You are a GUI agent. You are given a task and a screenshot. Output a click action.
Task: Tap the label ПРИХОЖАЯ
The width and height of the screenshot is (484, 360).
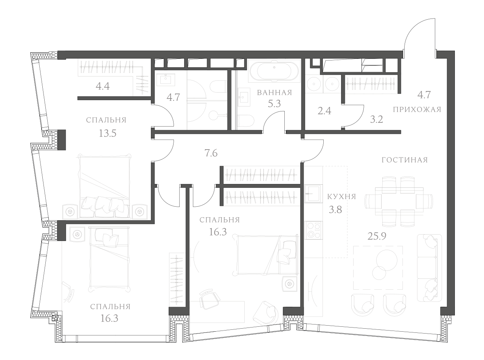417,110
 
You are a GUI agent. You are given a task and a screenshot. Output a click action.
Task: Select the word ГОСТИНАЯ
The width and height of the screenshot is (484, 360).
405,160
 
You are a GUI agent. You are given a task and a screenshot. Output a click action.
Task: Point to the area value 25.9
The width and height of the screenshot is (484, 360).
377,236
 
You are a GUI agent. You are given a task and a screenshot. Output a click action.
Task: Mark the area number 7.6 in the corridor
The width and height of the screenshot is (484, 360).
211,153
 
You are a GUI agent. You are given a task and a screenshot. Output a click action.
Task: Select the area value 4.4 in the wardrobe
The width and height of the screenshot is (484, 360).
102,86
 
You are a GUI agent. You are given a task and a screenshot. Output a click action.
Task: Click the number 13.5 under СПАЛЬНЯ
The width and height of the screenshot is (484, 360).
107,133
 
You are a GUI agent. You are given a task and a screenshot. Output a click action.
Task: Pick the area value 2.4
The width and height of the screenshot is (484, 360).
324,111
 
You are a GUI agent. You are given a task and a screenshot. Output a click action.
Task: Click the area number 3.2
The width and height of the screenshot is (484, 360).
376,120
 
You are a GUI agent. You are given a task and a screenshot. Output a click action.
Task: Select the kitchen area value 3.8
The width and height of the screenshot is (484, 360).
335,210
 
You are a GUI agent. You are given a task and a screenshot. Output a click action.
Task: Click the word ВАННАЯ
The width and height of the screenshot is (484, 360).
274,93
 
